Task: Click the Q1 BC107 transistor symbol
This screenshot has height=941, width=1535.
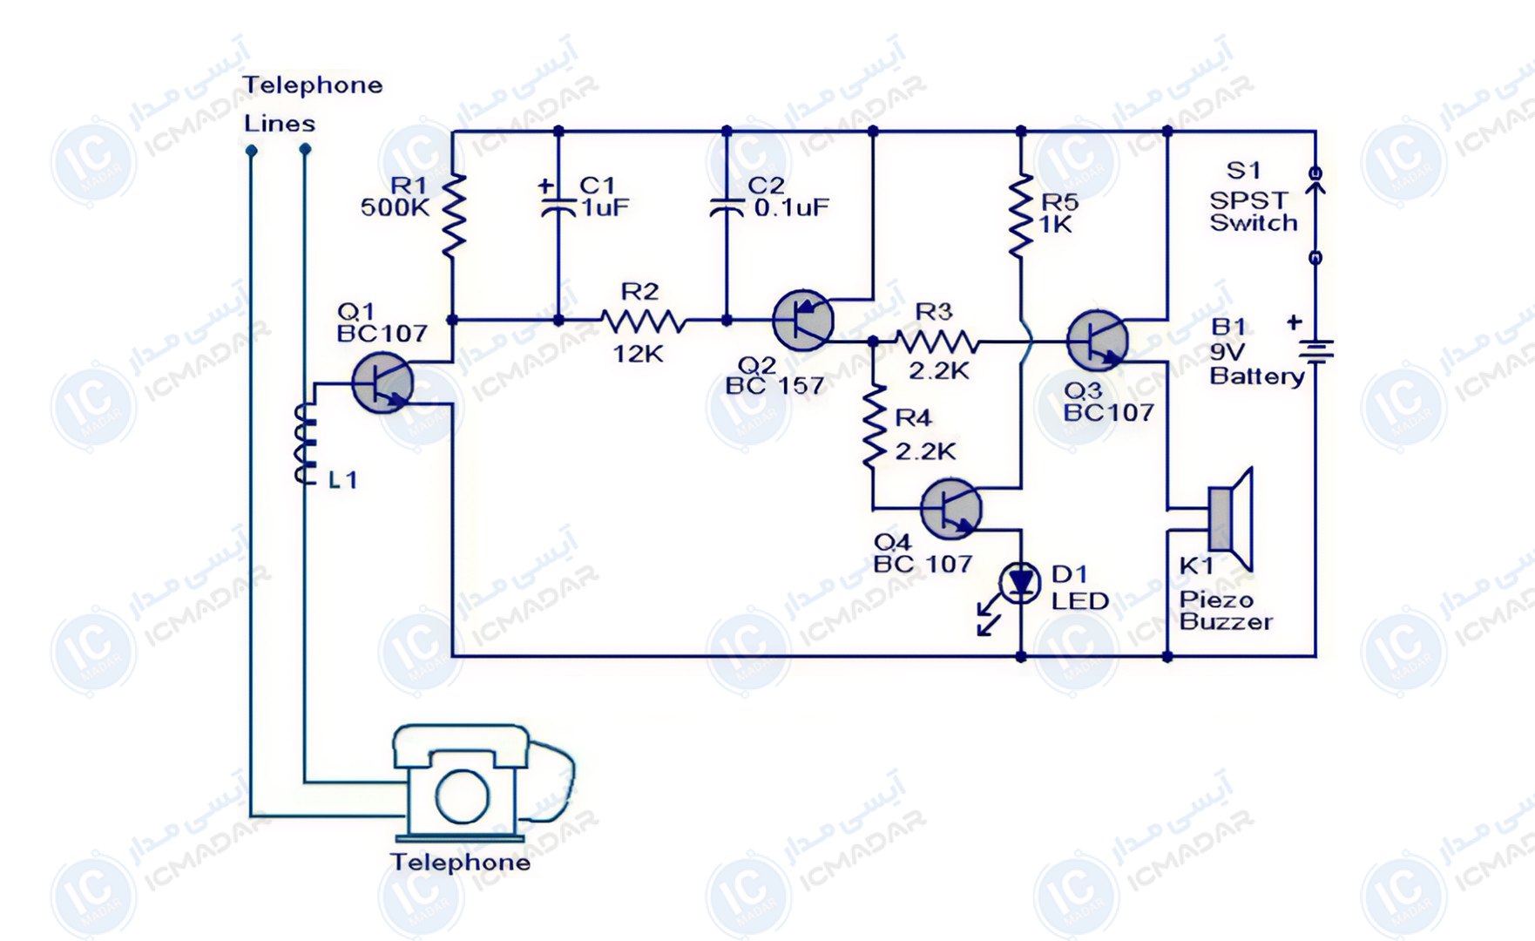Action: pos(382,383)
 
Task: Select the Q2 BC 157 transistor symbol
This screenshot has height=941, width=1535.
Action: pos(802,320)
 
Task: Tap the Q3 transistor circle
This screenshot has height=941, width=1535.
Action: pos(1097,341)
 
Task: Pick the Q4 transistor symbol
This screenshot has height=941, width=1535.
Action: pos(950,509)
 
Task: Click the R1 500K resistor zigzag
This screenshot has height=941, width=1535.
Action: pos(453,215)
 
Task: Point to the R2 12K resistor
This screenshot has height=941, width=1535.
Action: pos(643,322)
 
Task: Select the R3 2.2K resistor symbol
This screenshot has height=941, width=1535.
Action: pos(937,341)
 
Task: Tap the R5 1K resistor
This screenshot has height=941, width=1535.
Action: pos(1021,215)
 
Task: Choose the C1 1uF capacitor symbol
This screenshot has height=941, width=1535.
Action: pos(558,207)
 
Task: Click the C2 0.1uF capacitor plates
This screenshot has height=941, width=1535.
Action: pos(727,207)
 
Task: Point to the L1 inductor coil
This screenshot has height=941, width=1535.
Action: pos(305,443)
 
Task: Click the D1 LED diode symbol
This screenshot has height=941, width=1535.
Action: pos(1020,582)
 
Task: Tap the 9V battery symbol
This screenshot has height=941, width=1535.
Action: pos(1315,351)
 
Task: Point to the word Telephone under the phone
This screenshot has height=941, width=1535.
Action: pos(460,863)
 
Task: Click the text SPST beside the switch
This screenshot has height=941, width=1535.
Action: pos(1248,200)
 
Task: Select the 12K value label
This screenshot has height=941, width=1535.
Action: pos(639,354)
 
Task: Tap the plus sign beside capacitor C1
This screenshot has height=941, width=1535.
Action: pos(545,185)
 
